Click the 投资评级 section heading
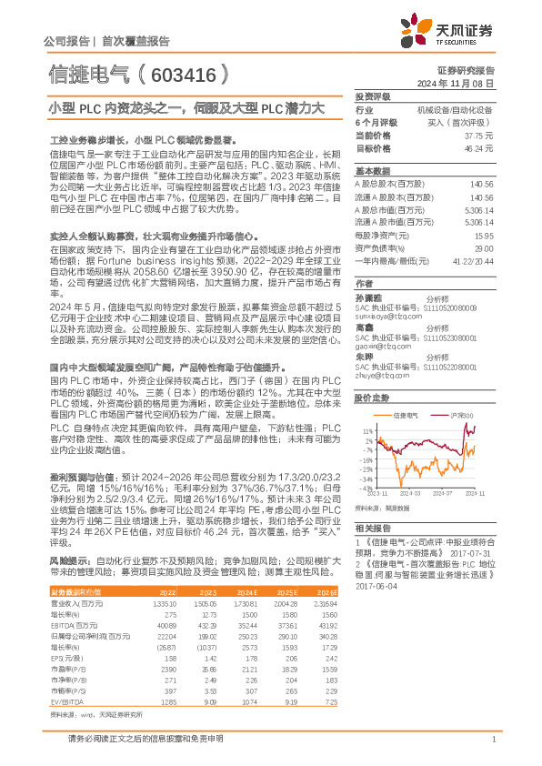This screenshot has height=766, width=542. click(x=372, y=96)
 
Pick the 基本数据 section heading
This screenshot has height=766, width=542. click(x=372, y=171)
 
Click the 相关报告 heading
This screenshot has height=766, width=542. click(x=372, y=528)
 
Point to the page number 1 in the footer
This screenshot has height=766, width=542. click(x=492, y=740)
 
